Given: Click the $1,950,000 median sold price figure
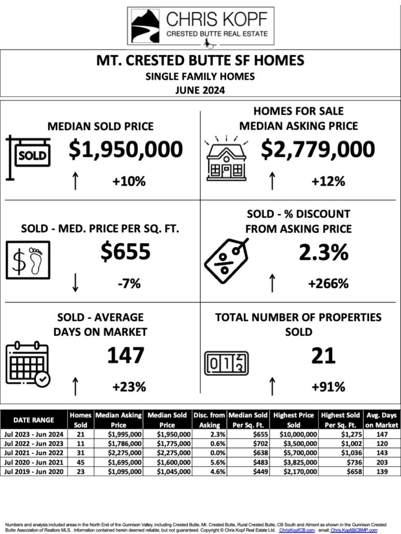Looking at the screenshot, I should [126, 149].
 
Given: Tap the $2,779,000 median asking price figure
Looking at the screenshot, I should [317, 149].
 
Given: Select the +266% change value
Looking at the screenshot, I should [328, 283].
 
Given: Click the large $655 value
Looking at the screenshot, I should [126, 252].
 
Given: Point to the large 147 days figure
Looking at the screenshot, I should [126, 356].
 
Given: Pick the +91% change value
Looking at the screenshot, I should [328, 387].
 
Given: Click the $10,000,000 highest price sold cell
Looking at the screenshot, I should [294, 434].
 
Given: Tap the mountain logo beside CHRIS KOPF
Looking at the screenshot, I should [145, 25].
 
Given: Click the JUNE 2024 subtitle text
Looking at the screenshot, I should [200, 89].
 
